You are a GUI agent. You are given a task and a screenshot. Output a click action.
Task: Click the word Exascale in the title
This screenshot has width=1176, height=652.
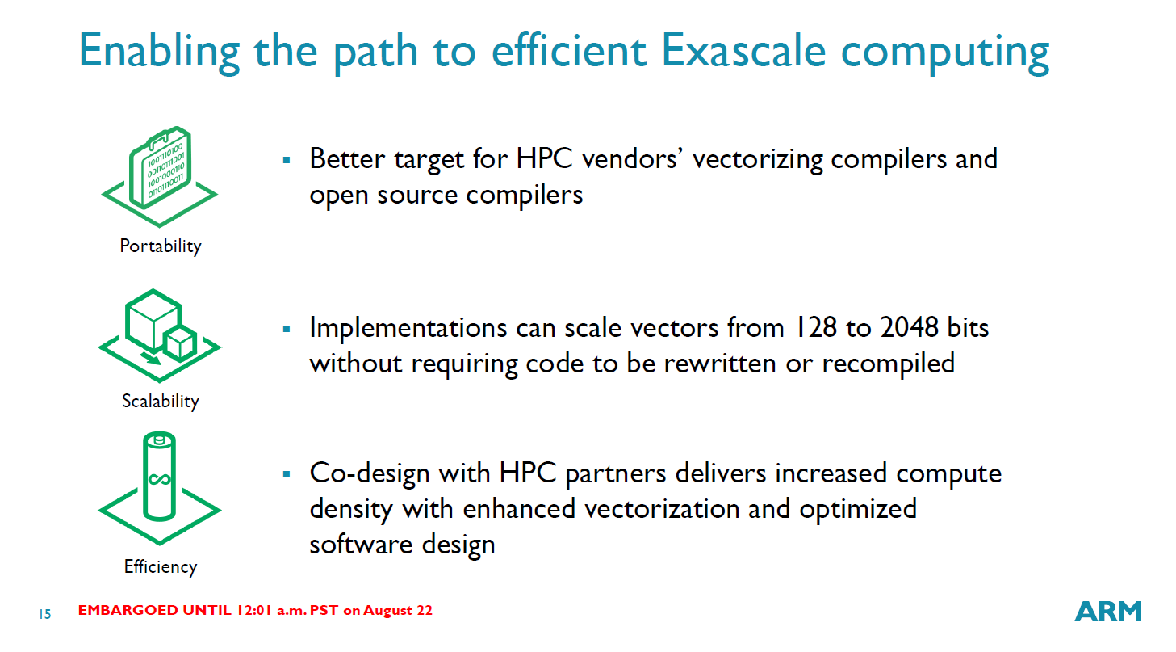click(743, 50)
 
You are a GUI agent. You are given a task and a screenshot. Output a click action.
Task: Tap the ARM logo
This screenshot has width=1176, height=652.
click(1107, 611)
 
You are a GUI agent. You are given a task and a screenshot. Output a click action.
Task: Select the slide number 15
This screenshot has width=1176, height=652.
click(45, 614)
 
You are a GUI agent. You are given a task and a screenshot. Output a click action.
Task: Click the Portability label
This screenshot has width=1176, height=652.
click(161, 246)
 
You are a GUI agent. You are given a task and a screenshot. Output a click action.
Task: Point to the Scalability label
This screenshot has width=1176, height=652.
click(161, 402)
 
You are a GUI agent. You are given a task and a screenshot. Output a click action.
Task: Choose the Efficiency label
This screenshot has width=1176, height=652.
click(161, 567)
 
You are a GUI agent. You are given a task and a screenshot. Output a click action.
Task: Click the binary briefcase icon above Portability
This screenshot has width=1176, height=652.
click(160, 168)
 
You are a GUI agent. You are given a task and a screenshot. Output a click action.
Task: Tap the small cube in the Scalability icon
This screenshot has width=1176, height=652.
click(180, 343)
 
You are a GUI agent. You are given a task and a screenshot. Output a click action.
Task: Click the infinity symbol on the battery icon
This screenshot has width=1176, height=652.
click(159, 479)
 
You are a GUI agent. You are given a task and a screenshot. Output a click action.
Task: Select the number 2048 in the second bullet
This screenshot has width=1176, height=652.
click(910, 328)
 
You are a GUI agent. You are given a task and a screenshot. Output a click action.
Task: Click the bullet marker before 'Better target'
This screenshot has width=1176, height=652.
click(286, 160)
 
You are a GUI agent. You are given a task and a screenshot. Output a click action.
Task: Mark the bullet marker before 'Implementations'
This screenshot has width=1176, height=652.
click(286, 330)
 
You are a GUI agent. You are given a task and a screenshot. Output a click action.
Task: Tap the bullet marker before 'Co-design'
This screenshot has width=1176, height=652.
click(286, 474)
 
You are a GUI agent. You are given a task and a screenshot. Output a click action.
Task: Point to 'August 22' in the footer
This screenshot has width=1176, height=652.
click(398, 611)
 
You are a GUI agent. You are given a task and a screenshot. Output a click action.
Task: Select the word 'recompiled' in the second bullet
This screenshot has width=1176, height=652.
click(888, 364)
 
